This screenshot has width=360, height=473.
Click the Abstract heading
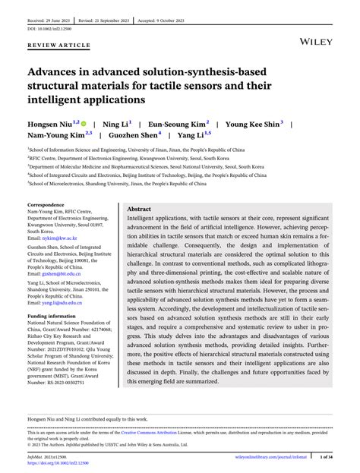pyautogui.click(x=138, y=209)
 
